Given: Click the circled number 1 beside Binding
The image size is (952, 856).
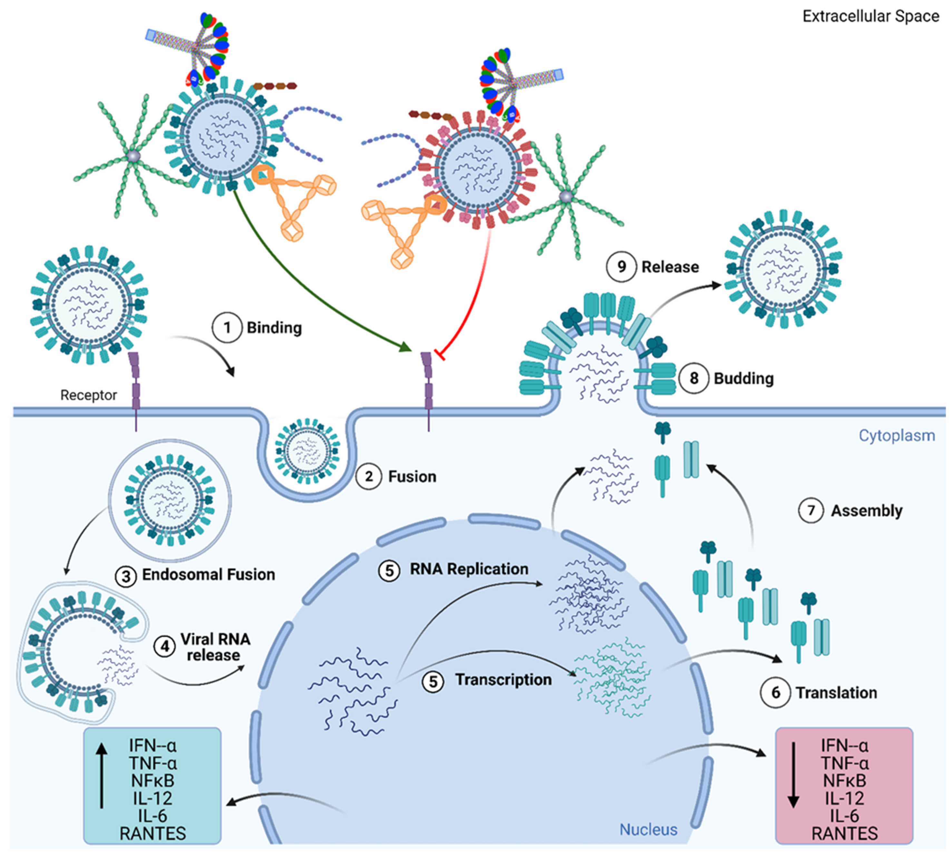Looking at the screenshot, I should click(x=227, y=327).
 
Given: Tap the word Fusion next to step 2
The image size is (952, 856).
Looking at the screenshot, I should click(x=412, y=476).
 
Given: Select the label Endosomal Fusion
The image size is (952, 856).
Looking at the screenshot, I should click(x=208, y=574).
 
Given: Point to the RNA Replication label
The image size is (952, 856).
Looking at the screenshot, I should click(x=469, y=569).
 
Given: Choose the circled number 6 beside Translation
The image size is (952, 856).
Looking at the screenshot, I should click(x=775, y=692).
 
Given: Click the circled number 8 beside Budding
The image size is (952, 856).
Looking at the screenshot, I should click(x=693, y=378).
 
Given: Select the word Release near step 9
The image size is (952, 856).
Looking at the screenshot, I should click(x=670, y=267).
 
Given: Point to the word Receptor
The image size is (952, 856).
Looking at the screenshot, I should click(x=88, y=395).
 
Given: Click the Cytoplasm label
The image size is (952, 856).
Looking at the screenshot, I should click(x=897, y=435).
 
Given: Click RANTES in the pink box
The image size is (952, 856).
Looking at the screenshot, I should click(x=844, y=833).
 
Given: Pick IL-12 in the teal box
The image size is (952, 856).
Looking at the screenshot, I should click(x=152, y=798).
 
